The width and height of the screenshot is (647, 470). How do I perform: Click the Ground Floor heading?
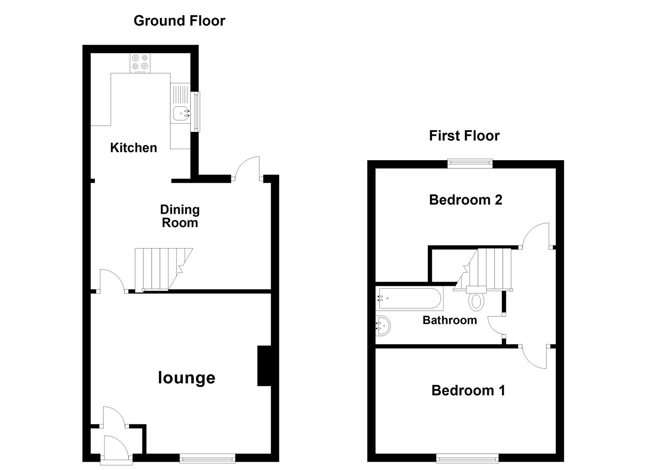[x=179, y=21]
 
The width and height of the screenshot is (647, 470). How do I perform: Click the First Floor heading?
[x=464, y=136]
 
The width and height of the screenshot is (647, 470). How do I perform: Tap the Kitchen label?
[x=133, y=148]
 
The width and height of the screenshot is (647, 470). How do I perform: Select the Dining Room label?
[x=180, y=216]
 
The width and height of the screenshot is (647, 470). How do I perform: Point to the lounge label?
[x=186, y=378]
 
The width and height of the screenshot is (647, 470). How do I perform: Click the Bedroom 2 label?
[x=465, y=200]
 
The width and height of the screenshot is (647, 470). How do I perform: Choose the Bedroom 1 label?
[x=468, y=390]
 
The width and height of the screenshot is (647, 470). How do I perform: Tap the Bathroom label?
[x=450, y=320]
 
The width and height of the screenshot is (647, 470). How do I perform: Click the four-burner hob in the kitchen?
[x=140, y=62]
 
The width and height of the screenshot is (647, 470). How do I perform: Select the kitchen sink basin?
[x=181, y=113]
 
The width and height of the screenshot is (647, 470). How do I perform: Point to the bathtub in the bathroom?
[x=410, y=299]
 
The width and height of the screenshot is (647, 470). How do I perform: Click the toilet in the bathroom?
[x=476, y=301]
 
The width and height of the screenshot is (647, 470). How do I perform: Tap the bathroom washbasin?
[x=383, y=326]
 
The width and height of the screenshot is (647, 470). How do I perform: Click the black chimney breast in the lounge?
[x=264, y=366]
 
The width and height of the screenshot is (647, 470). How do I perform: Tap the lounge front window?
[x=207, y=458]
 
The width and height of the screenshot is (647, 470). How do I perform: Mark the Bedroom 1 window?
[x=467, y=458]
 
